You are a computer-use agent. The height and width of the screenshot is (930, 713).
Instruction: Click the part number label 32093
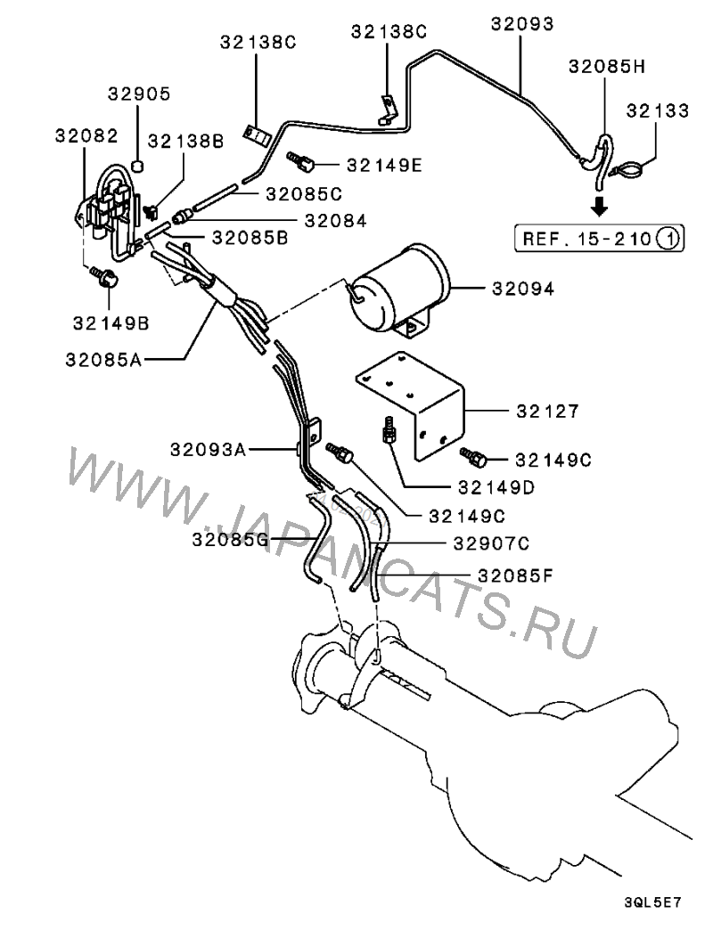tap(521, 24)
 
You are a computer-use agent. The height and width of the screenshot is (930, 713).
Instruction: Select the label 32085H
tap(606, 65)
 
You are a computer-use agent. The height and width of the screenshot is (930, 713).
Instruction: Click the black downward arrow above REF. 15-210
tap(600, 207)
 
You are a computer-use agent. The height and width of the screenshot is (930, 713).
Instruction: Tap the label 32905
tap(139, 94)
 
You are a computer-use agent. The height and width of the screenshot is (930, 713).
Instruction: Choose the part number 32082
tap(86, 135)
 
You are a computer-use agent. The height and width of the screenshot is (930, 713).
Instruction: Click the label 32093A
tap(208, 450)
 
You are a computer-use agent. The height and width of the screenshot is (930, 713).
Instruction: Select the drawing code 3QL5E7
tap(658, 902)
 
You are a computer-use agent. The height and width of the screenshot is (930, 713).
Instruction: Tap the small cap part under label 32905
tap(139, 164)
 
